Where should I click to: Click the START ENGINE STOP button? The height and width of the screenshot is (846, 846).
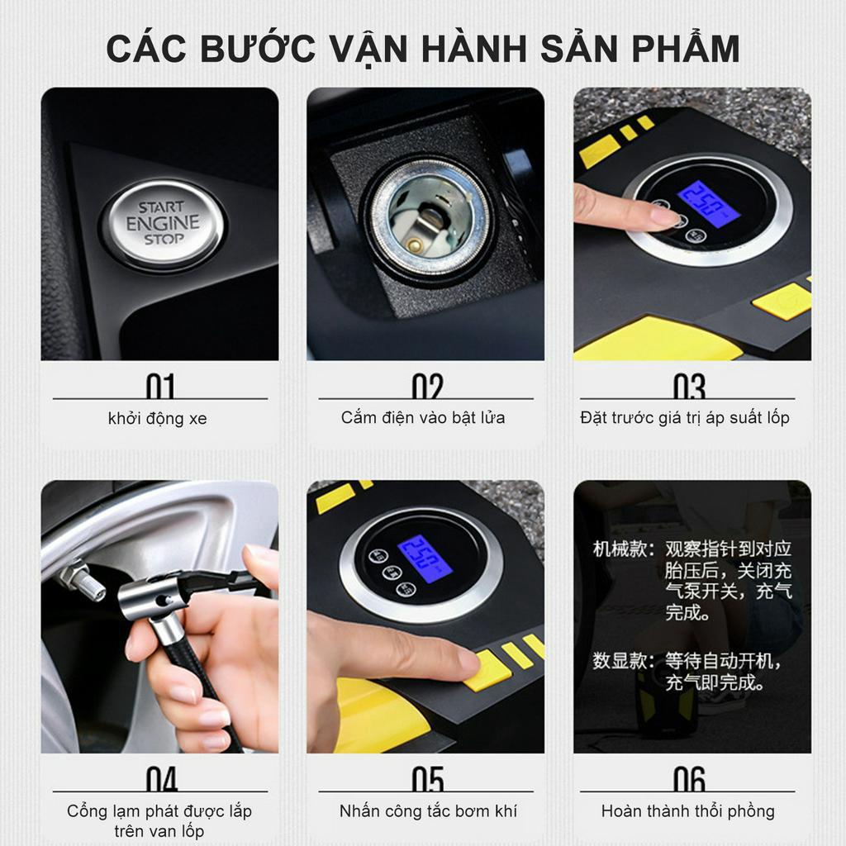pyautogui.click(x=162, y=223)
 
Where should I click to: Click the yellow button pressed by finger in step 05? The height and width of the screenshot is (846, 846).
pyautogui.click(x=487, y=669)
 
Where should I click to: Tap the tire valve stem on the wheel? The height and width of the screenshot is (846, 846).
pyautogui.click(x=83, y=583)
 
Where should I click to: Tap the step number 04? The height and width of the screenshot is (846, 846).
pyautogui.click(x=161, y=779)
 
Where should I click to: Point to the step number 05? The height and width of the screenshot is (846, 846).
pyautogui.click(x=427, y=779)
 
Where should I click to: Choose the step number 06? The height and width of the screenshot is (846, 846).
pyautogui.click(x=688, y=779)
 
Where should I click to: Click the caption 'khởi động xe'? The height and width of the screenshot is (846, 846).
pyautogui.click(x=158, y=419)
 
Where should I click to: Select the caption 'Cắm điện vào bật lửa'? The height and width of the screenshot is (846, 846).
pyautogui.click(x=423, y=418)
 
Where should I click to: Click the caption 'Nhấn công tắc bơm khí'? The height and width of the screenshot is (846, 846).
pyautogui.click(x=428, y=811)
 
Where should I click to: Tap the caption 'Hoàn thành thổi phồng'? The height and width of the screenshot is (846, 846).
pyautogui.click(x=688, y=811)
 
